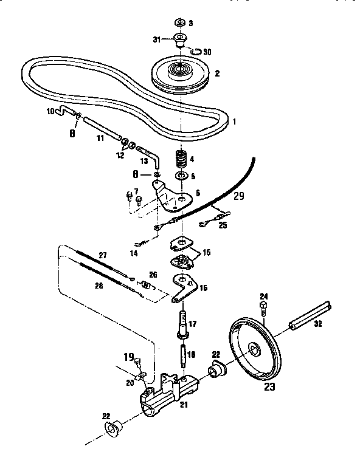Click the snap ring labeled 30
point(195,52)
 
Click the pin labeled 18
point(182,354)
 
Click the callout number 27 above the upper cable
point(103,256)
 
